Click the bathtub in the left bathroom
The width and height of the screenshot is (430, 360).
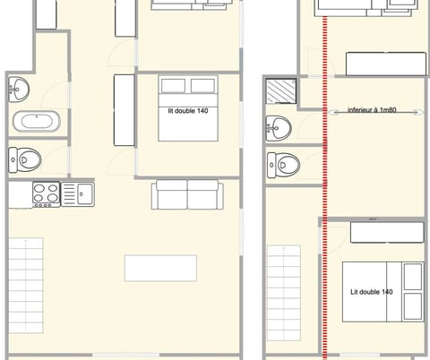tap(36, 122)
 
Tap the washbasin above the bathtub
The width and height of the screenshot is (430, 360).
tap(20, 88)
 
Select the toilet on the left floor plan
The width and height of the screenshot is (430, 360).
tap(26, 159)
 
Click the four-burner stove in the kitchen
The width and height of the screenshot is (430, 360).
tap(46, 193)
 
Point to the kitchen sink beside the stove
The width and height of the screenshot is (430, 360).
tap(83, 192)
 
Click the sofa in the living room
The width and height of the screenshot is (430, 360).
tap(186, 194)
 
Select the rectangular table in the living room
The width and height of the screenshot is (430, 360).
tap(160, 268)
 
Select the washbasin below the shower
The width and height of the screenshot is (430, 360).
tap(279, 127)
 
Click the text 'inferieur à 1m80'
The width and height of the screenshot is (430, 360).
tap(371, 111)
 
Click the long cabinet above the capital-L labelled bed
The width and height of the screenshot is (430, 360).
tap(387, 232)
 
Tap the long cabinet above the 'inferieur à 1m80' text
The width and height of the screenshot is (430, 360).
tap(385, 64)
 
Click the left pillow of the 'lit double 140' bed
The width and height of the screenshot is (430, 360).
tap(173, 86)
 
